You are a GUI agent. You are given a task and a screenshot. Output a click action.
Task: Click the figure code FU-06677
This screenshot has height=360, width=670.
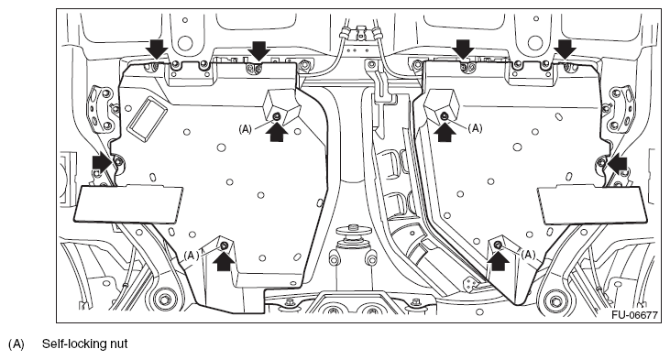(x=634, y=315)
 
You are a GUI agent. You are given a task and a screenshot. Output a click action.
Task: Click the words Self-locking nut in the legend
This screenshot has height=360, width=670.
(x=84, y=344)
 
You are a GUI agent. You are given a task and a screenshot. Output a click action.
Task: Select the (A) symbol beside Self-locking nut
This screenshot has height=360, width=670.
(x=16, y=344)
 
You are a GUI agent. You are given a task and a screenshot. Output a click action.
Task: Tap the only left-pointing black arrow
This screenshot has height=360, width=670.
(x=618, y=164)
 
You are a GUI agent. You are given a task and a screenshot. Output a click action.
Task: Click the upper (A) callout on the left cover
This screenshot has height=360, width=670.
(x=246, y=129)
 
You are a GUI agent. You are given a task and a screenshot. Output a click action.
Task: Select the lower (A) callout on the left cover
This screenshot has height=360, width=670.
(x=192, y=255)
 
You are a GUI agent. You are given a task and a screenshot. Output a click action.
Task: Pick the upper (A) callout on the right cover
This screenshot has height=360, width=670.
(x=475, y=128)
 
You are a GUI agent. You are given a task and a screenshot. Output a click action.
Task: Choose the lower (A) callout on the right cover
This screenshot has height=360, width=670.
(x=528, y=255)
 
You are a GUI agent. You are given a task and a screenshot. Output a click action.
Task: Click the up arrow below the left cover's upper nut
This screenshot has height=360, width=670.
(x=277, y=132)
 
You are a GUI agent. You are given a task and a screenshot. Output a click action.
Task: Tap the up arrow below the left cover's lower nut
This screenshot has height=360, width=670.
(x=224, y=261)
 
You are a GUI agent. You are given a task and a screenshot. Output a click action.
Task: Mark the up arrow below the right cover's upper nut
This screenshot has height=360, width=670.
(x=445, y=132)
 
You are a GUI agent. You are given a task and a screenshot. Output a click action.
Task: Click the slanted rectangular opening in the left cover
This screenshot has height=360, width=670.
(x=146, y=118)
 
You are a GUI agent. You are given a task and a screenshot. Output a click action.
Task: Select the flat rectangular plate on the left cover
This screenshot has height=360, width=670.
(x=128, y=203)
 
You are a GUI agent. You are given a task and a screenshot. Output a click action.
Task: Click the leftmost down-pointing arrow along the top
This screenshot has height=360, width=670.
(x=156, y=49)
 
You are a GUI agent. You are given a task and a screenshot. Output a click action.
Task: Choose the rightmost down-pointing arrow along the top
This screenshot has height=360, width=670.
(x=566, y=49)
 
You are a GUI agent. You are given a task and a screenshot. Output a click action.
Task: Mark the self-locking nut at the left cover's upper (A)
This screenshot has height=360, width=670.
(x=277, y=115)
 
